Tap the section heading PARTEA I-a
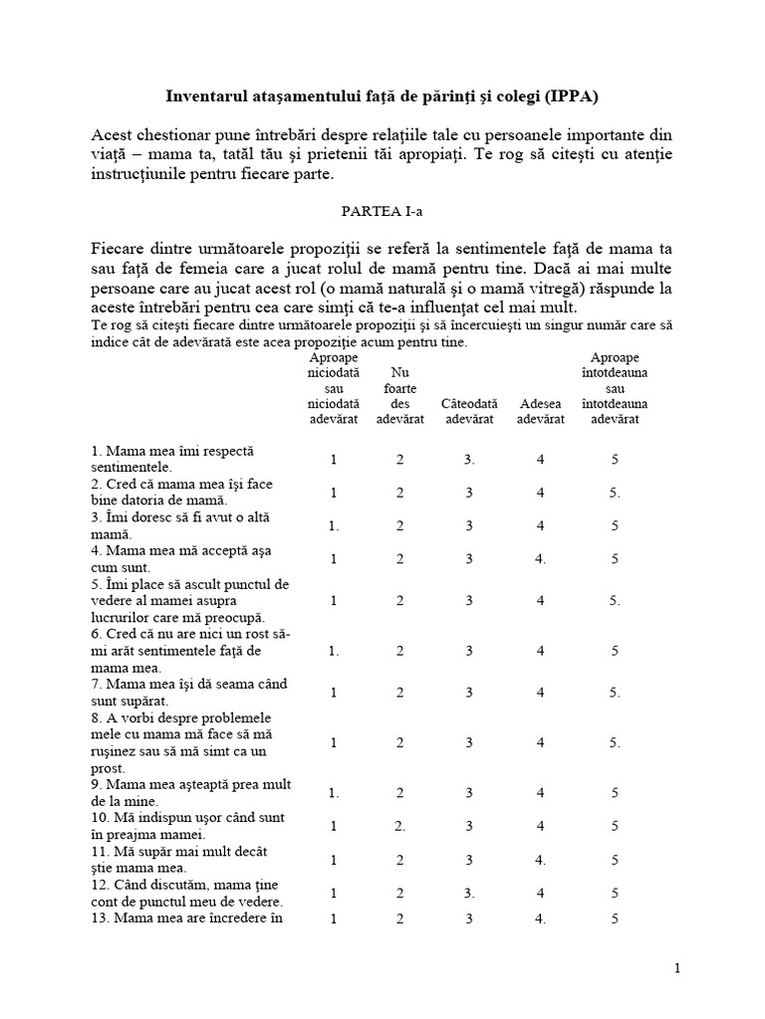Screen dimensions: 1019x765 tap(382, 212)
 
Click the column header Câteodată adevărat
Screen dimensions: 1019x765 tap(469, 411)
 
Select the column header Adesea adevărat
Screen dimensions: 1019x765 tap(541, 411)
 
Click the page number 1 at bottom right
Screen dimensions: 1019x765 tap(677, 967)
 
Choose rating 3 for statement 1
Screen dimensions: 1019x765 tap(469, 460)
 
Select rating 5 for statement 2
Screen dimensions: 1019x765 tap(616, 493)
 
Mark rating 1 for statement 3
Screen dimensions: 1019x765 tap(335, 525)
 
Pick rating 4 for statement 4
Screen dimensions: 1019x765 tap(541, 558)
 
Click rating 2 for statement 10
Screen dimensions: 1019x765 tap(400, 826)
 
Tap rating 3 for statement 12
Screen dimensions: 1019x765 tap(469, 893)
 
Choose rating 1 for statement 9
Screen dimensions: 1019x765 tap(335, 793)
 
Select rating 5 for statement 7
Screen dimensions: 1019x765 tap(616, 692)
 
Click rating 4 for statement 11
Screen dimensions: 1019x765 tap(541, 860)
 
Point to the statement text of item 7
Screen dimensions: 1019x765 tap(176, 692)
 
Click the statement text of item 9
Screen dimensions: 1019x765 tap(190, 792)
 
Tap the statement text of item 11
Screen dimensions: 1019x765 tap(179, 860)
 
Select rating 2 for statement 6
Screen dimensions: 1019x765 tap(400, 651)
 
